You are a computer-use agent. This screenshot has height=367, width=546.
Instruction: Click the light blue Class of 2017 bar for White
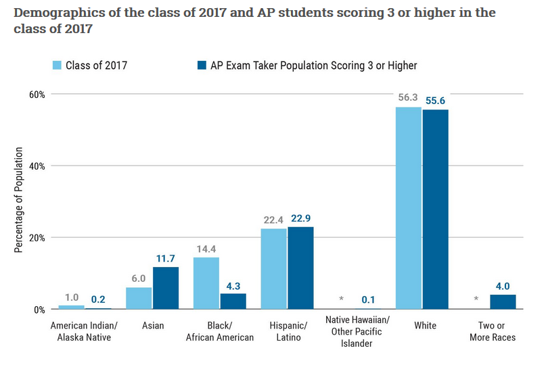[409, 208]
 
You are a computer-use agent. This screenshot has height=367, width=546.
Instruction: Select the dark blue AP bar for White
[436, 210]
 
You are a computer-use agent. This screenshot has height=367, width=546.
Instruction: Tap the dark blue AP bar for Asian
[166, 288]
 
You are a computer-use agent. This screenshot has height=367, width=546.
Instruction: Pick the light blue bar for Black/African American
[206, 283]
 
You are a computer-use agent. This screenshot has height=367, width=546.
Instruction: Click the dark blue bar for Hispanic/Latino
[300, 268]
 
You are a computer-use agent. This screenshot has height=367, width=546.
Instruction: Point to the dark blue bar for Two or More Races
[503, 301]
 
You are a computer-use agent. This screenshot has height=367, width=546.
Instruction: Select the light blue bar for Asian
[139, 298]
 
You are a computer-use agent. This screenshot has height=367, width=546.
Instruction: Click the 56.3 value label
[408, 97]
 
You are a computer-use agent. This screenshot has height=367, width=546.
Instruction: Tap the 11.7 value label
[165, 258]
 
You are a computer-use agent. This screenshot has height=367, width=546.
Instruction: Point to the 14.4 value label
[206, 249]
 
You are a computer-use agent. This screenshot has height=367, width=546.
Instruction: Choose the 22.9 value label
[300, 218]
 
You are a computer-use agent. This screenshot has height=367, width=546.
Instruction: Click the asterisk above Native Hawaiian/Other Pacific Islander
[341, 299]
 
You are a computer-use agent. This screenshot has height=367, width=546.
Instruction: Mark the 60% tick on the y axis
[37, 95]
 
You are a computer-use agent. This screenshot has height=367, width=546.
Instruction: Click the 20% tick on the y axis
[37, 239]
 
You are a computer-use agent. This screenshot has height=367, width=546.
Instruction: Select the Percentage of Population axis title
[18, 199]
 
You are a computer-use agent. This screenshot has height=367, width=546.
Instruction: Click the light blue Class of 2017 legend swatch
[57, 65]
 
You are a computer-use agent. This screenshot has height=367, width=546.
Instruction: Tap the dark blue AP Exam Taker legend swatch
[202, 65]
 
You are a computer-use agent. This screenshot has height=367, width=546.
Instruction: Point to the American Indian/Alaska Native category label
[84, 331]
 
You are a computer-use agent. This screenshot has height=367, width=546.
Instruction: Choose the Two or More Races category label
[493, 331]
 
